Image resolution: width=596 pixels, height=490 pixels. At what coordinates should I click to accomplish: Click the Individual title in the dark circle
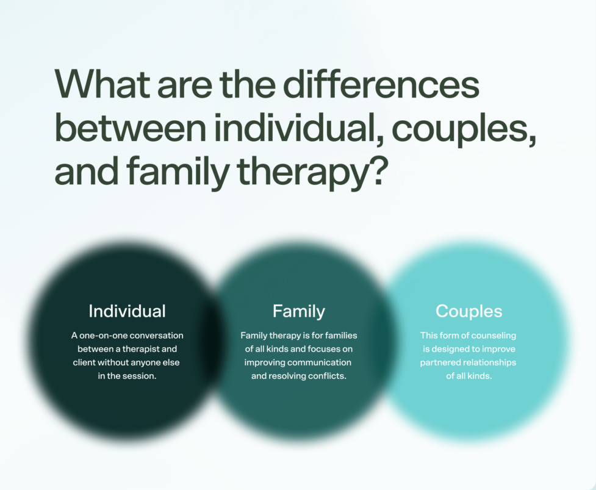(127, 311)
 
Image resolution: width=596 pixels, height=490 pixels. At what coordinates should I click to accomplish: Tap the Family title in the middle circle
(298, 311)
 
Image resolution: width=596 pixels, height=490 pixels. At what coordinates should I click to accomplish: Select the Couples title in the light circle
(469, 311)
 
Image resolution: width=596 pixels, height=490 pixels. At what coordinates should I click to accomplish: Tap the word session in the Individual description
(138, 377)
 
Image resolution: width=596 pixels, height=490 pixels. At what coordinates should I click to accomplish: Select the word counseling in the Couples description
(494, 336)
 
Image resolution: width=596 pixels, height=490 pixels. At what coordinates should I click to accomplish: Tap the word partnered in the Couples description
(441, 362)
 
